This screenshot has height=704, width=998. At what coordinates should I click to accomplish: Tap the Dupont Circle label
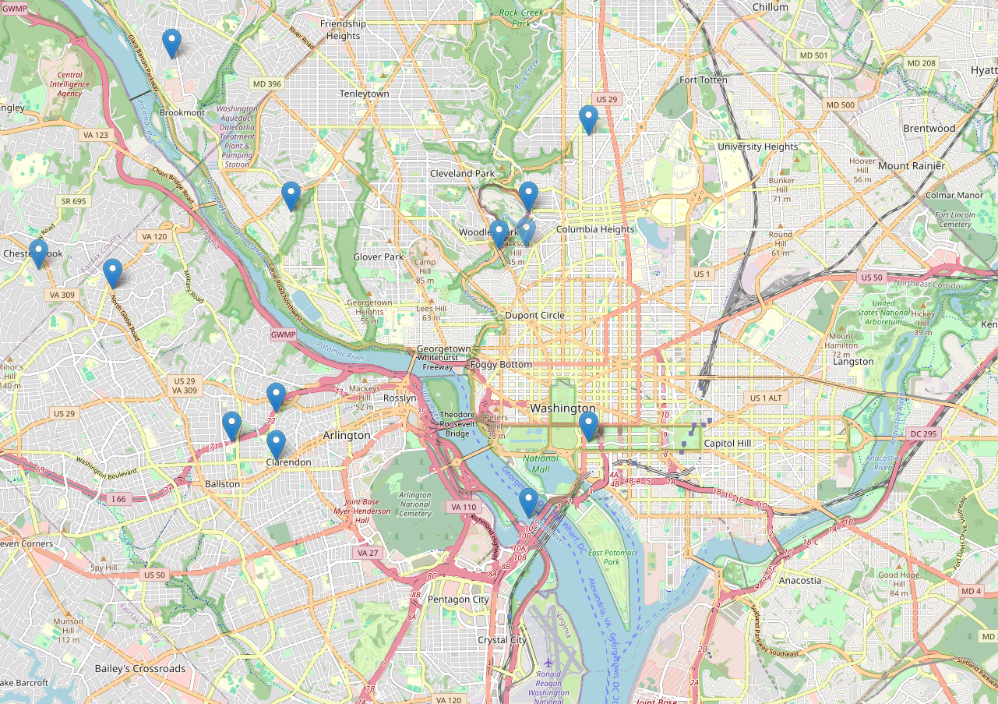click(x=534, y=316)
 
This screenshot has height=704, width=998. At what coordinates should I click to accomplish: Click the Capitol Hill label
click(x=726, y=443)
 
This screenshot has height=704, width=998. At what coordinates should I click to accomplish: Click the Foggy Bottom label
click(x=501, y=364)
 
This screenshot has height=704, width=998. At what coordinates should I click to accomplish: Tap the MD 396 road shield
click(x=266, y=83)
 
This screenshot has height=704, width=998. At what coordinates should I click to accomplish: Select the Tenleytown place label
click(x=364, y=94)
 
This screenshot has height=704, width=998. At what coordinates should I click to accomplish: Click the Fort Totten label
click(x=703, y=80)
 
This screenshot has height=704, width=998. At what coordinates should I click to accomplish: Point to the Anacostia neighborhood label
click(x=800, y=580)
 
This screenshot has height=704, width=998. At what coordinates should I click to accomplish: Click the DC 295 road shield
click(x=925, y=433)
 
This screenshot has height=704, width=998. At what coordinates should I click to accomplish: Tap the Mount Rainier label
click(x=911, y=166)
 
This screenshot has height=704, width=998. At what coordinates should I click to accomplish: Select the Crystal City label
click(x=502, y=640)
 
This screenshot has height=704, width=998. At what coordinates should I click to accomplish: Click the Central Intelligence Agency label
click(x=69, y=84)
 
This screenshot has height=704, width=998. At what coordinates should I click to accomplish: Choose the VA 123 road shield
click(x=96, y=135)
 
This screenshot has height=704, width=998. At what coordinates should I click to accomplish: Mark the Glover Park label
click(x=378, y=256)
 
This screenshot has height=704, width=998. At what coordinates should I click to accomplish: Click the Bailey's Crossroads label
click(x=140, y=669)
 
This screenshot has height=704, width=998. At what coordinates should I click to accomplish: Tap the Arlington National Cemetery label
click(x=414, y=504)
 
